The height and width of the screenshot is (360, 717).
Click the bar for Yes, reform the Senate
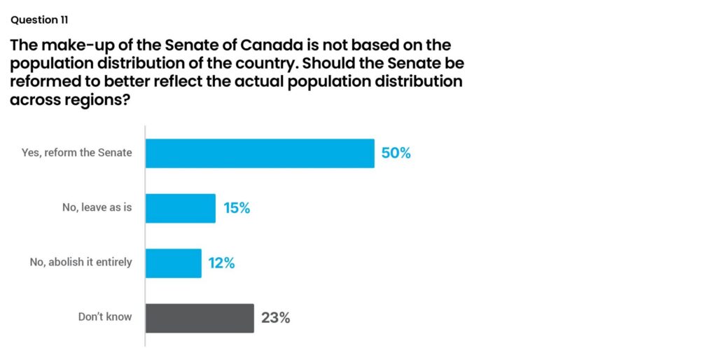[x=260, y=153]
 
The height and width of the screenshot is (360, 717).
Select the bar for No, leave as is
[x=181, y=208]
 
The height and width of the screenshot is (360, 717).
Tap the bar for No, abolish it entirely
[x=174, y=263]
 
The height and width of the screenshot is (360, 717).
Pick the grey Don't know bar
[x=200, y=318]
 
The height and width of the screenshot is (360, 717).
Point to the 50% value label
[x=396, y=153]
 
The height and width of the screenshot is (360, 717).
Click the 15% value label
[x=236, y=208]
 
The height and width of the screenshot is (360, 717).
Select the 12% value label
[x=221, y=263]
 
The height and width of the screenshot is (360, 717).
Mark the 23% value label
[x=275, y=318]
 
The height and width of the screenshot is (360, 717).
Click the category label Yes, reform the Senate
[x=76, y=153]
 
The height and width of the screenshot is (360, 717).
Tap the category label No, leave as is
[x=97, y=207]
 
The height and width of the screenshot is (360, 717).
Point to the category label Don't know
[x=105, y=317]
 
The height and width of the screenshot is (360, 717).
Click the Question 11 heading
[x=40, y=20]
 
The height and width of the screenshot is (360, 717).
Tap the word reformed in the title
[x=45, y=82]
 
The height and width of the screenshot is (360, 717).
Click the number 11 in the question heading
[x=64, y=20]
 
